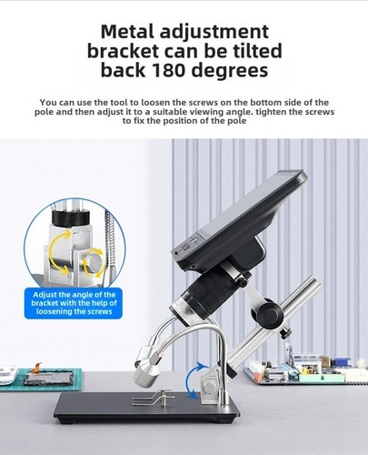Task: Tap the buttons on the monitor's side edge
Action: pyautogui.click(x=182, y=246)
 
